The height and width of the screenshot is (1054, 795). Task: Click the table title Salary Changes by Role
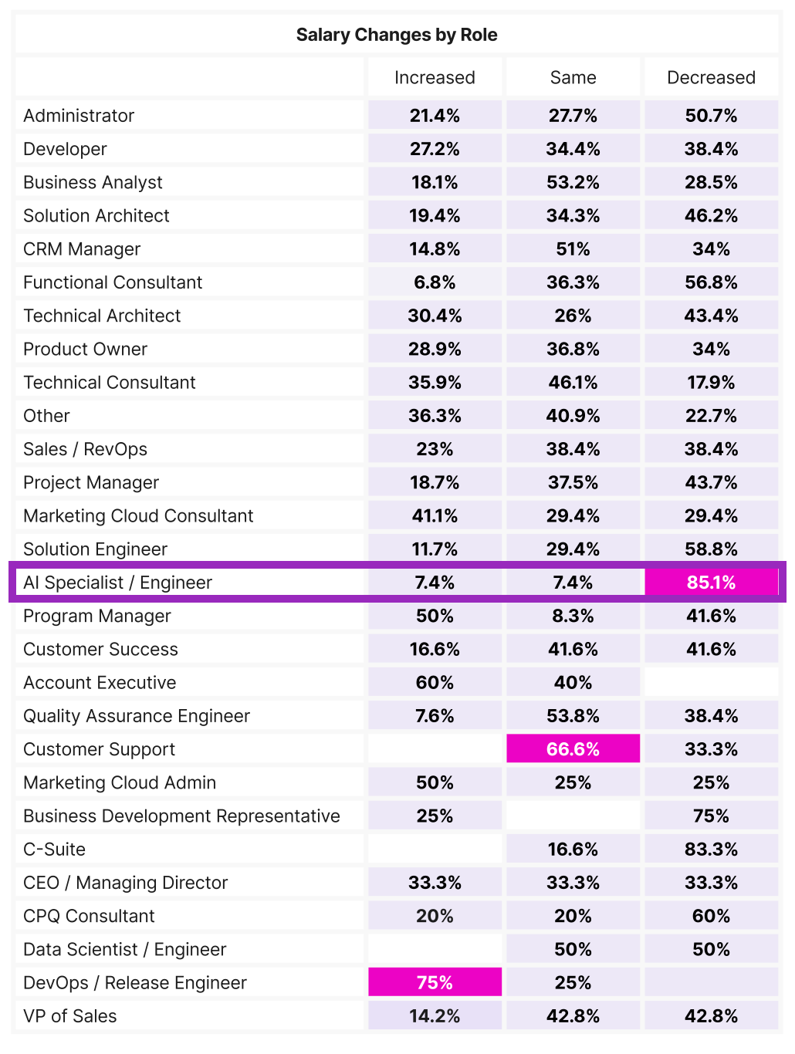pyautogui.click(x=397, y=35)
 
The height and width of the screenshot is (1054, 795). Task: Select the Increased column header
pyautogui.click(x=435, y=77)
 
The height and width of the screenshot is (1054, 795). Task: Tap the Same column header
pyautogui.click(x=573, y=77)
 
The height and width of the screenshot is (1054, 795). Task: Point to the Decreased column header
pyautogui.click(x=711, y=77)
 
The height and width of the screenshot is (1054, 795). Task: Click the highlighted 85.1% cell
pyautogui.click(x=711, y=583)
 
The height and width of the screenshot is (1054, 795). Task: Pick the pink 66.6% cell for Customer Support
pyautogui.click(x=573, y=749)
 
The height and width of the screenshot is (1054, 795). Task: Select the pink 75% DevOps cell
pyautogui.click(x=435, y=982)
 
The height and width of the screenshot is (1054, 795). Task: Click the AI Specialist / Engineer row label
pyautogui.click(x=117, y=583)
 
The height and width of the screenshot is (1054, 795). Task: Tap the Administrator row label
pyautogui.click(x=79, y=116)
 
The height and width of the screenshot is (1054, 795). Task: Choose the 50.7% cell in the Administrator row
pyautogui.click(x=711, y=116)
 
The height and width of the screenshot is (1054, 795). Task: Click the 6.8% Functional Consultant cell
pyautogui.click(x=435, y=282)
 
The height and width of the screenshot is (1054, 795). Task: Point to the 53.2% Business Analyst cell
pyautogui.click(x=573, y=182)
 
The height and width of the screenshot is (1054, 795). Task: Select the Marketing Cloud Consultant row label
pyautogui.click(x=138, y=515)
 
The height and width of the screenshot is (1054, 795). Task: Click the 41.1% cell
pyautogui.click(x=435, y=515)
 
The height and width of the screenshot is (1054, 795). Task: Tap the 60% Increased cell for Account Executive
pyautogui.click(x=435, y=682)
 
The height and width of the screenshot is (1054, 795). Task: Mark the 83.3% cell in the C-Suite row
pyautogui.click(x=711, y=849)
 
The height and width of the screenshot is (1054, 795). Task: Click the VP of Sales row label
pyautogui.click(x=70, y=1015)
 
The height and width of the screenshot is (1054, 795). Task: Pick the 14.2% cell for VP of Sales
pyautogui.click(x=435, y=1015)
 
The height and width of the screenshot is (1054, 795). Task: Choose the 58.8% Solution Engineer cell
pyautogui.click(x=711, y=549)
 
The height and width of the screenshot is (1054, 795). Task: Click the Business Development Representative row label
pyautogui.click(x=181, y=816)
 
